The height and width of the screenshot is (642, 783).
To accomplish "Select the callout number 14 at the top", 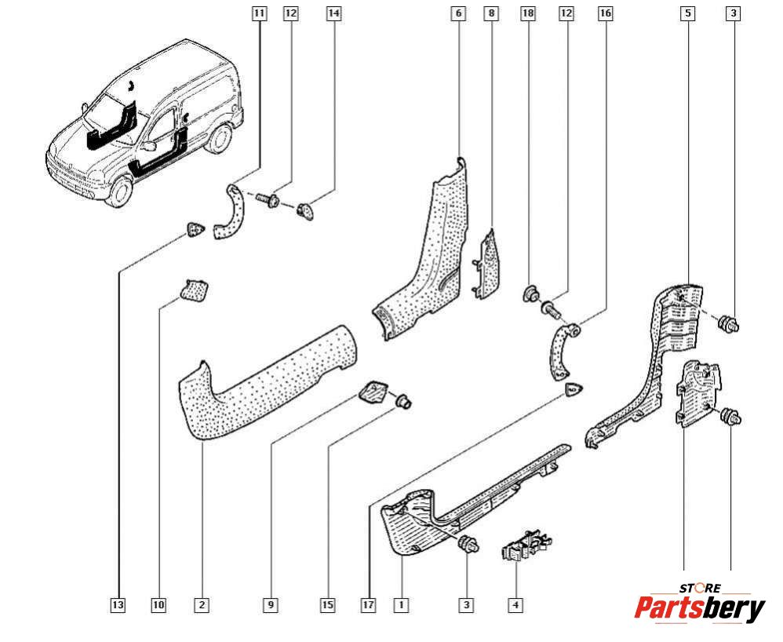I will pos(334,13).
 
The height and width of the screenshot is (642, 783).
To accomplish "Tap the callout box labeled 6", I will pos(459,13).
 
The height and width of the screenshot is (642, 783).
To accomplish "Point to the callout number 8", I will pos(491,13).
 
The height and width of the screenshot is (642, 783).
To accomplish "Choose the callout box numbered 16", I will pos(605,13).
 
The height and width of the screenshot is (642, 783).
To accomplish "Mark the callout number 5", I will pos(687,13).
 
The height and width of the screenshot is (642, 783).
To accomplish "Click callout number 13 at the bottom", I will pos(118,604).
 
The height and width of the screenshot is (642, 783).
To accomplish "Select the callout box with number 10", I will pos(159,604).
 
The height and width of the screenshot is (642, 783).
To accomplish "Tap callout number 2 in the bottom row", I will pos(202,604).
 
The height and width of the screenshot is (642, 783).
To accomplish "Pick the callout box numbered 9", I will pos(271,604).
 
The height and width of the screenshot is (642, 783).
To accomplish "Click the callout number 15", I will pos(327,604).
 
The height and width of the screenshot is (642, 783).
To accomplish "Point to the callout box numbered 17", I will pos(369,604).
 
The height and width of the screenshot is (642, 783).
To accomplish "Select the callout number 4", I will pos(515,604).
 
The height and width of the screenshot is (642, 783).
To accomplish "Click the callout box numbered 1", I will pos(401,604).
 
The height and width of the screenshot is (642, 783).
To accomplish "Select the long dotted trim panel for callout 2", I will pos(259,377).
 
